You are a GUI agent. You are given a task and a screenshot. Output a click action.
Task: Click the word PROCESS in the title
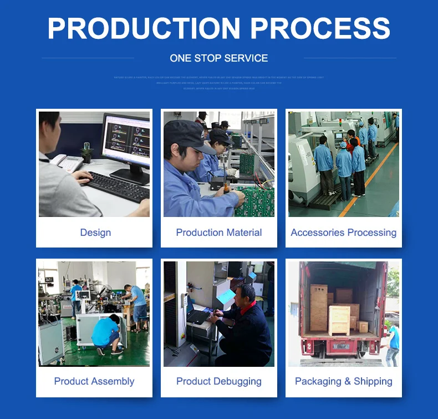(x=320, y=29)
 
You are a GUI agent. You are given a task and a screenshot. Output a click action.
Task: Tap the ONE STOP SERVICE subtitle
(x=218, y=58)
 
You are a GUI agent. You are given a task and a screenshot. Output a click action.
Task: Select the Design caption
(x=95, y=233)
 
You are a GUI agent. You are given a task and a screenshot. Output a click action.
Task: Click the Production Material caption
(x=218, y=233)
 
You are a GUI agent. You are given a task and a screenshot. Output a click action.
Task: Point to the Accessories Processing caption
(x=343, y=233)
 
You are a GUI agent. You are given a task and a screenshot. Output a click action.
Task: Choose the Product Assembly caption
(x=94, y=381)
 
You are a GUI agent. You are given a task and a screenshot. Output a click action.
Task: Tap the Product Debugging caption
(x=218, y=381)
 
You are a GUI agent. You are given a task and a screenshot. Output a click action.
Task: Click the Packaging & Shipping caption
(x=343, y=381)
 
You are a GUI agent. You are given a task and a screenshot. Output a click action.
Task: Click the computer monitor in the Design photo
(x=126, y=142)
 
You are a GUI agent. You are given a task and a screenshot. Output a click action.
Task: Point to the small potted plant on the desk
(x=86, y=153)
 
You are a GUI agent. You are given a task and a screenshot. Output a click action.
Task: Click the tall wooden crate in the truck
(x=319, y=308)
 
